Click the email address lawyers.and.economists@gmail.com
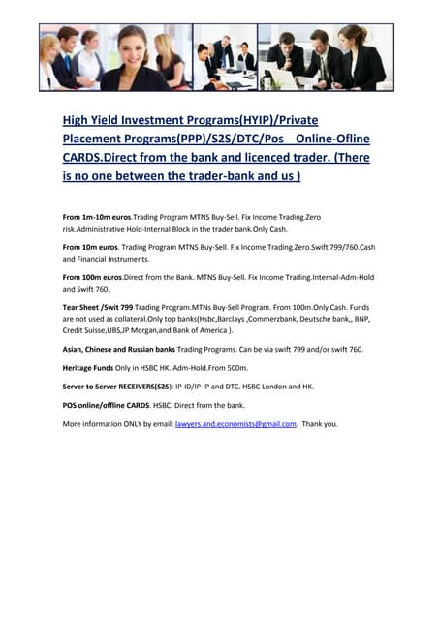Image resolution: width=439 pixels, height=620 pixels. click(x=235, y=424)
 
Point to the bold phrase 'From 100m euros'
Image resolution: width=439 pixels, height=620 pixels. click(x=93, y=278)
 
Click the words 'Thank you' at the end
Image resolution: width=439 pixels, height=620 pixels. click(x=320, y=424)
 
